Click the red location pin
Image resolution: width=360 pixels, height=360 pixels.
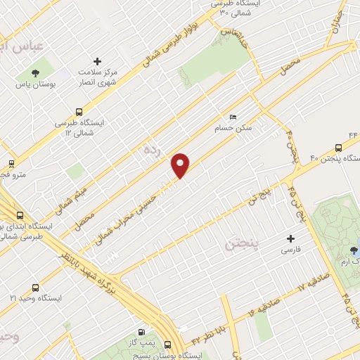click(x=181, y=165)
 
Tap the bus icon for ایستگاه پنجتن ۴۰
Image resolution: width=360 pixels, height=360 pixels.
click(x=339, y=148)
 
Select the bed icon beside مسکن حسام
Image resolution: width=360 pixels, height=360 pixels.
click(x=233, y=117)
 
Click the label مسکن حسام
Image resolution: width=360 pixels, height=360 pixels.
click(x=233, y=129)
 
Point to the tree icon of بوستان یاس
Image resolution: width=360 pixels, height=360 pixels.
click(x=35, y=73)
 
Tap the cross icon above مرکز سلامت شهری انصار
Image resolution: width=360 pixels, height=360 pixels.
click(x=98, y=61)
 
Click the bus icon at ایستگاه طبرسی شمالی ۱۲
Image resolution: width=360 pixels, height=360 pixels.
click(x=78, y=111)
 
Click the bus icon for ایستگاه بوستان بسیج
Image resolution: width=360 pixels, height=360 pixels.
click(x=167, y=345)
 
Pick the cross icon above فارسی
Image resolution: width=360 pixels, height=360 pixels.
click(x=290, y=239)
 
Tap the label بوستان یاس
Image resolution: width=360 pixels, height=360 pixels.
click(x=35, y=84)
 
